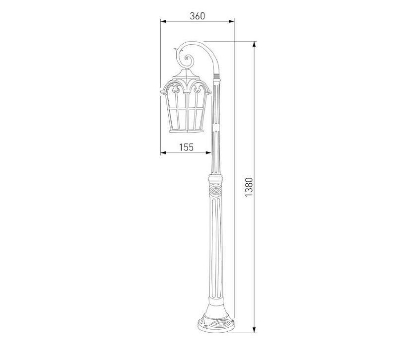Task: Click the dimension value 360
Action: [x=197, y=16]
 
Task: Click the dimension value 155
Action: [x=187, y=147]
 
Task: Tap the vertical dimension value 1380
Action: [x=249, y=187]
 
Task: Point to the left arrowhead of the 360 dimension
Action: [x=163, y=21]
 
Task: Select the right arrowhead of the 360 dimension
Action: [x=231, y=21]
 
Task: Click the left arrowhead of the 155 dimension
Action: [x=163, y=152]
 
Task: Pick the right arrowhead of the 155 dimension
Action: [x=208, y=152]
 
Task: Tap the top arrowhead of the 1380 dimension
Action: [x=254, y=44]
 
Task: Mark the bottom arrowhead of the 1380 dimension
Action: [x=254, y=330]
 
